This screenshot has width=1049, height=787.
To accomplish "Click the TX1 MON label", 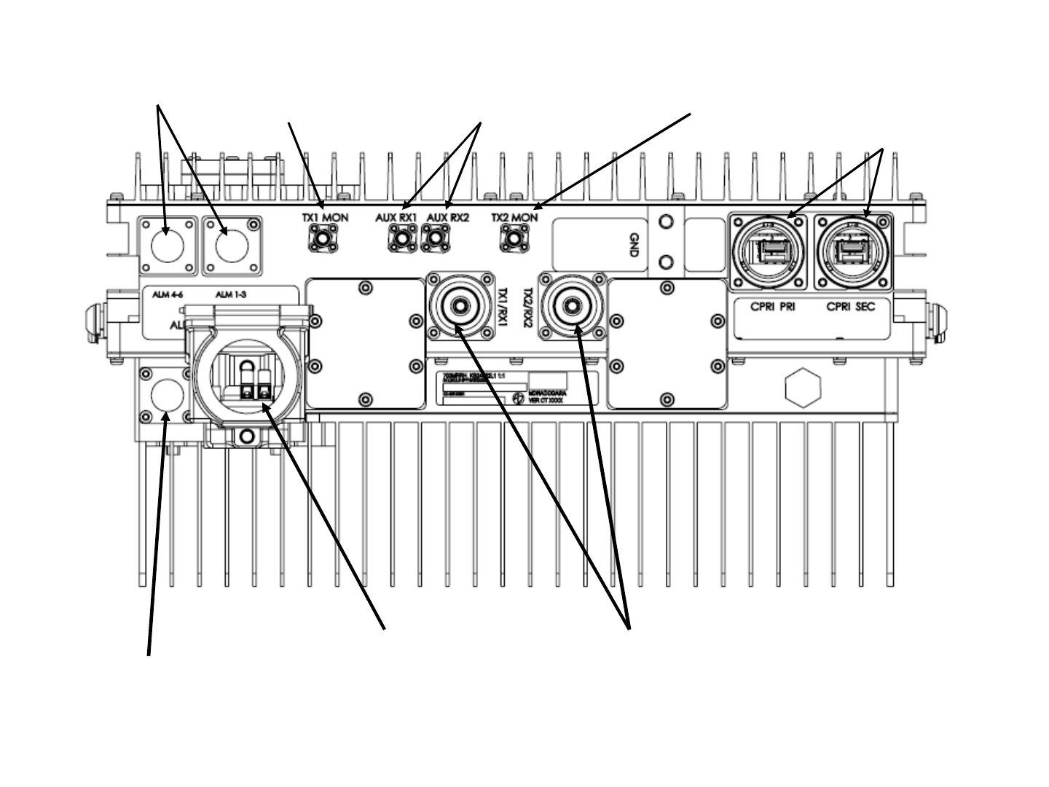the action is click(325, 217).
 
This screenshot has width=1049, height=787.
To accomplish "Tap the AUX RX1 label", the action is click(396, 217).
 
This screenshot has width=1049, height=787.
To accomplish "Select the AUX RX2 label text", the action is click(448, 217).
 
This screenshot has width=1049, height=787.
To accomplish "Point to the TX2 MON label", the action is click(514, 217).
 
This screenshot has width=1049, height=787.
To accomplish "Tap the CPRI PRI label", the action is click(773, 307).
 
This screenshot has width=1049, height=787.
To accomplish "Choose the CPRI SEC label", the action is click(851, 307).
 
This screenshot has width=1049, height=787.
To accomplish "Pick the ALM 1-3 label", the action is click(231, 294).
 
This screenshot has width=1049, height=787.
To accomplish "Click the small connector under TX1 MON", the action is click(321, 238).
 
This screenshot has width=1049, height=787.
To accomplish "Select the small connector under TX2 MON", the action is click(514, 238).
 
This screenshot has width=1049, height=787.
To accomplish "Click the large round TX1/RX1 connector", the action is click(460, 305).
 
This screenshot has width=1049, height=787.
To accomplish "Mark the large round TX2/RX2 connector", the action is click(572, 305).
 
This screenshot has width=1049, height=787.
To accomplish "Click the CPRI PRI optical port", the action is click(768, 251).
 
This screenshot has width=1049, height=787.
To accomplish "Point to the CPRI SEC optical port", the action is click(852, 251).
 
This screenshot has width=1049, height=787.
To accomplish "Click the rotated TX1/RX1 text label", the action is click(500, 306).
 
